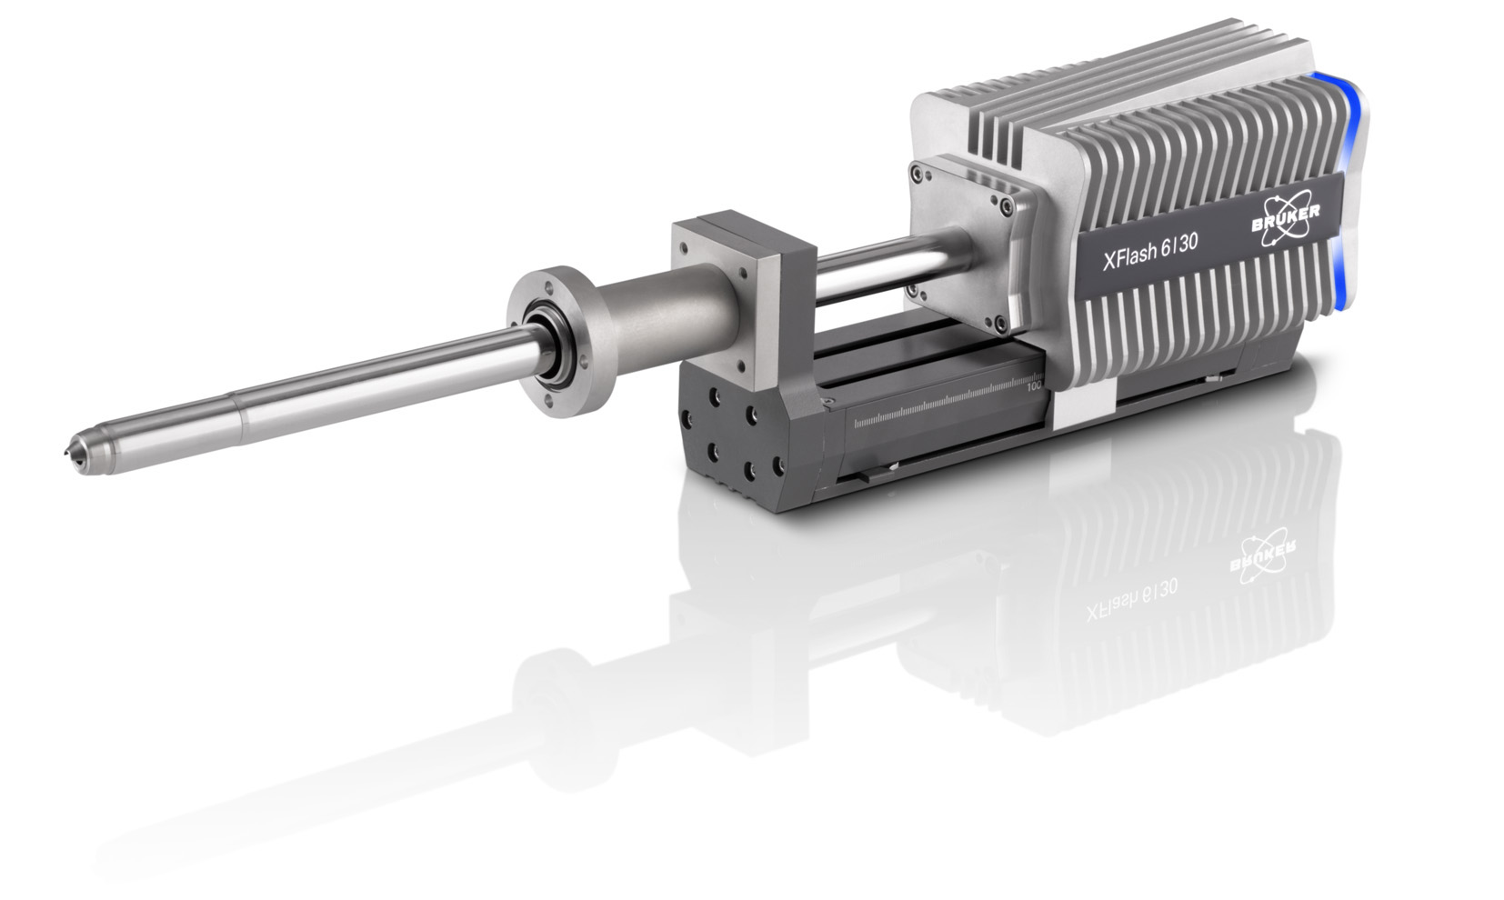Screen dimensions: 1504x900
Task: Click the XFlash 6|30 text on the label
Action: (1150, 250)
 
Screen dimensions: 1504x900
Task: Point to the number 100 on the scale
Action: (1034, 385)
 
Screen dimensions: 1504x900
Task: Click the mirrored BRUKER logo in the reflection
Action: (1262, 557)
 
